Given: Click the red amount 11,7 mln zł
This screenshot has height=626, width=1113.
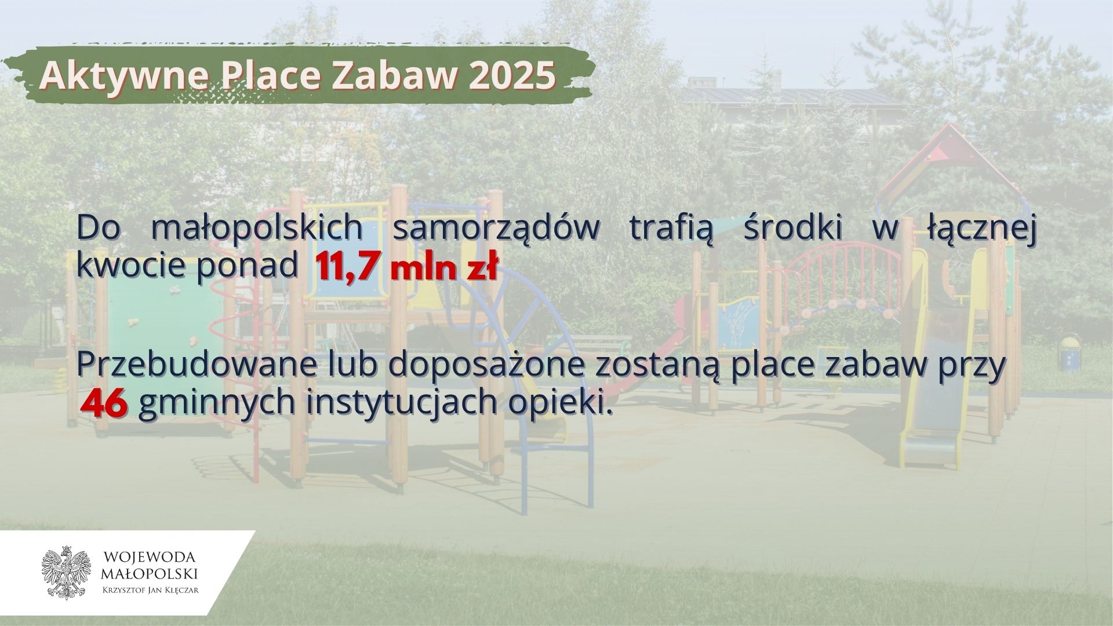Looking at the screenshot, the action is coord(406,269).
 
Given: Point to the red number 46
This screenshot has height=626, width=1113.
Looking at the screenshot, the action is coord(104,404).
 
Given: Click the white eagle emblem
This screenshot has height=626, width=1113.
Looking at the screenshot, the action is coord(67,573).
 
